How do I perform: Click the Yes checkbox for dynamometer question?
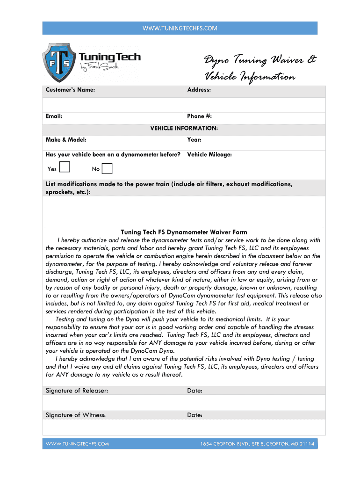click(x=65, y=167)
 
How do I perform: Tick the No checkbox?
click(x=107, y=168)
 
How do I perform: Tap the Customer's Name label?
click(x=71, y=89)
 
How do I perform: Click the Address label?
click(x=199, y=89)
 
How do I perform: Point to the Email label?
click(x=54, y=116)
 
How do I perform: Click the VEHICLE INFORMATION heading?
click(x=184, y=128)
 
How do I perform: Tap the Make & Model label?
click(x=66, y=139)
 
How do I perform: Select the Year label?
click(x=194, y=139)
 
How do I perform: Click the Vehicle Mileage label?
click(x=209, y=154)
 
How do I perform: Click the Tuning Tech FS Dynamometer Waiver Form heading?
click(x=184, y=232)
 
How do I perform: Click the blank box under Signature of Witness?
click(x=113, y=427)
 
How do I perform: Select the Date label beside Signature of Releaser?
click(x=194, y=391)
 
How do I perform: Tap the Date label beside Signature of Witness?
click(x=194, y=415)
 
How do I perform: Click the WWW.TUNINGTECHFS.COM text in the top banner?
click(x=180, y=28)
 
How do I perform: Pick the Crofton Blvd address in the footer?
click(x=257, y=443)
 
